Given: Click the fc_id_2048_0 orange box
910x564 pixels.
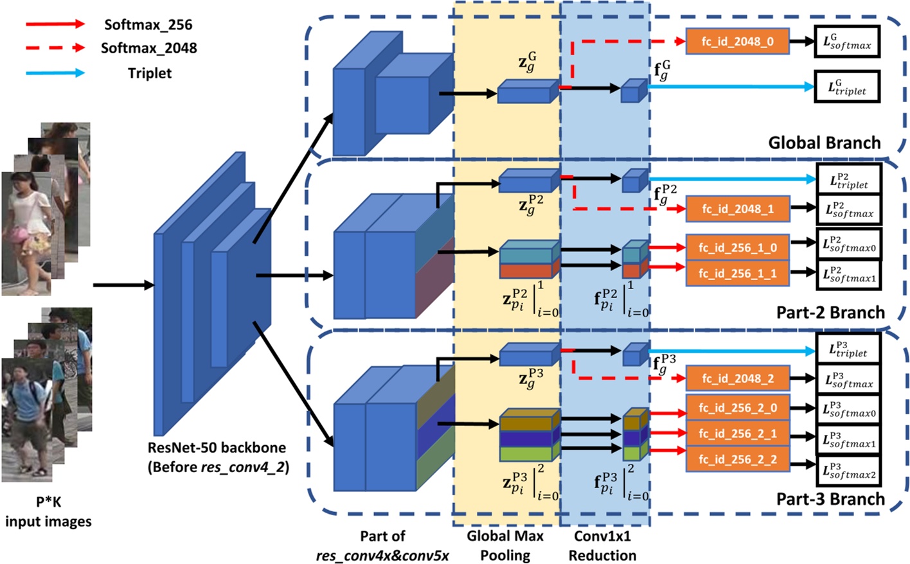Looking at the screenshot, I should click(737, 41).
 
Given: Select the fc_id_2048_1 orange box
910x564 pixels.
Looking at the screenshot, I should click(737, 209).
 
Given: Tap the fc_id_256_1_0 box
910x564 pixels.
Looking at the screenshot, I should click(737, 247).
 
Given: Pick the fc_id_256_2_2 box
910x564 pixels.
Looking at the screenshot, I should click(737, 459).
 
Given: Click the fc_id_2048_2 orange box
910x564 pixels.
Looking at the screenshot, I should click(737, 378).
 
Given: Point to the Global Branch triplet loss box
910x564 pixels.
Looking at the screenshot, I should click(846, 87).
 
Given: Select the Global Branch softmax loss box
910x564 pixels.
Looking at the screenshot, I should click(846, 42).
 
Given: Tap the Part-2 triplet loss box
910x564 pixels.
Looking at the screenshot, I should click(848, 180).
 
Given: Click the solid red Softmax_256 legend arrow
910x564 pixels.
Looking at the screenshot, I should click(55, 24).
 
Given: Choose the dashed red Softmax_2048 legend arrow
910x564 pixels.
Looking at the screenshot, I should click(55, 48).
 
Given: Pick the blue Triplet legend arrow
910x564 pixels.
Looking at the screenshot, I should click(55, 73).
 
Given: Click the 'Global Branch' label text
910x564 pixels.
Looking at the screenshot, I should click(824, 143).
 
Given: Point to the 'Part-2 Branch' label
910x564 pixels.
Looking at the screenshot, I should click(830, 312).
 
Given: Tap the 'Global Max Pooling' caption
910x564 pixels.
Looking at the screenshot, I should click(505, 545).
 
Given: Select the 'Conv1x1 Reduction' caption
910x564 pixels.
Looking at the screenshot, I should click(602, 545).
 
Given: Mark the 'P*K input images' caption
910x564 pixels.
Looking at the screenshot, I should click(48, 512).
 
